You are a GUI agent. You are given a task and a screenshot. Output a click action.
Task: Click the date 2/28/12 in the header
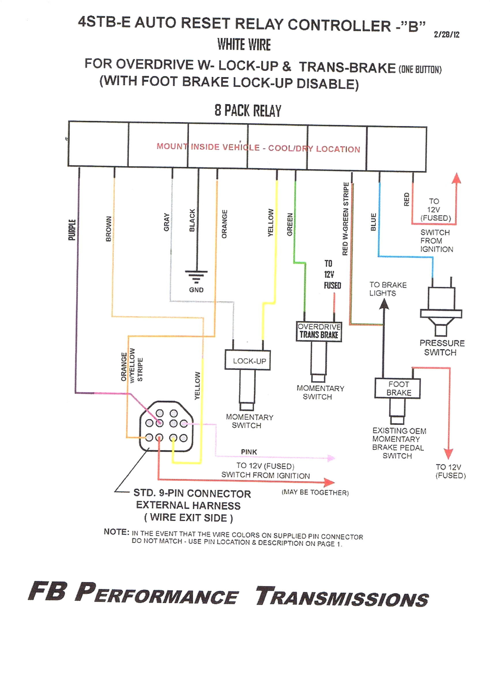coord(446,35)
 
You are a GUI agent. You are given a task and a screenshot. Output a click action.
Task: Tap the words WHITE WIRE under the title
coord(244,45)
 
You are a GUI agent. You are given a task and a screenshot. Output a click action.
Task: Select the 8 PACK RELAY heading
coord(248,111)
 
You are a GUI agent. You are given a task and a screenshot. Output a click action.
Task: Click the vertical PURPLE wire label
coord(72,230)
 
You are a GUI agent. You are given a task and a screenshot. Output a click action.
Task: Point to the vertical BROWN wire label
coord(108,229)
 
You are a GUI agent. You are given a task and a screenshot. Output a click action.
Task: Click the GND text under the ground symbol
coord(196,290)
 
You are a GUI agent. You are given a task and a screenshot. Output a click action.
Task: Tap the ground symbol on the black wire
coord(196,276)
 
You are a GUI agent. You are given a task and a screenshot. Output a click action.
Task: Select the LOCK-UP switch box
coord(248,360)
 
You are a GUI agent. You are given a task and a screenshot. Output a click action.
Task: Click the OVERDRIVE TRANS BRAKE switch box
coord(319,331)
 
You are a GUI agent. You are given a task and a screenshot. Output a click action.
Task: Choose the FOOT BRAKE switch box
coord(397,388)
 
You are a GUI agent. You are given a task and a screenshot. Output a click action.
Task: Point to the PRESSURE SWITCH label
coord(442,347)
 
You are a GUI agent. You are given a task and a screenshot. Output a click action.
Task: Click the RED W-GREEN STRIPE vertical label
coord(345,219)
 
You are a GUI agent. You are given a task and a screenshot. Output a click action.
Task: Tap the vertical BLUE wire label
coord(374,222)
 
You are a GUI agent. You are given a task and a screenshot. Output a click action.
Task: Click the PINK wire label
coord(249,452)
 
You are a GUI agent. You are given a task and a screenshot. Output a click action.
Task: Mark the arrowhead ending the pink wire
coord(331,458)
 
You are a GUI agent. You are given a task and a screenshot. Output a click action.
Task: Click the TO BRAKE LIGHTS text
coord(387,289)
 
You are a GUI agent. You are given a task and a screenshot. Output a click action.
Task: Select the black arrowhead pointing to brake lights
coord(384,304)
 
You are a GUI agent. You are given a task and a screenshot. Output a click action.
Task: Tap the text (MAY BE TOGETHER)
coord(315,493)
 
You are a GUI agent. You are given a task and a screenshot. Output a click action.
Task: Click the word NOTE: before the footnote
coord(116,532)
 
